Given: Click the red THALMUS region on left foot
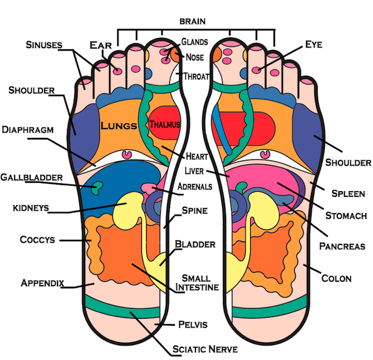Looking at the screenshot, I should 165,125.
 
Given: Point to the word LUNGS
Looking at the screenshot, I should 119,126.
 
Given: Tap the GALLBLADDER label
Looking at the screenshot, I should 31,177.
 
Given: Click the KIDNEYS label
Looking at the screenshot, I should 30,209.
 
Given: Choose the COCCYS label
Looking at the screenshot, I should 37,240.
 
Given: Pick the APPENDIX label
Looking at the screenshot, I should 42,282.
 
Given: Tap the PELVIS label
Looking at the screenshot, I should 193,324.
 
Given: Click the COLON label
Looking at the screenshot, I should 337,278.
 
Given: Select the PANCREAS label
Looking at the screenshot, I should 342,246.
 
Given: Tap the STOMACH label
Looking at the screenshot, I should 346,216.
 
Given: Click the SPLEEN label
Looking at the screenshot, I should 348,194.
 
